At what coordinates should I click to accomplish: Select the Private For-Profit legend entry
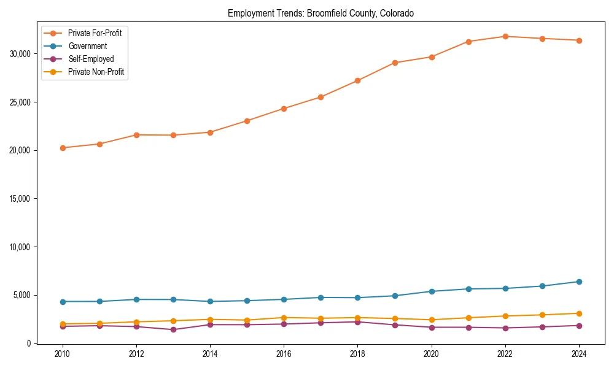95,33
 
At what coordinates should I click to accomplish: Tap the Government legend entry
87,46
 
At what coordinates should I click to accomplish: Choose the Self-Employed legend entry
91,59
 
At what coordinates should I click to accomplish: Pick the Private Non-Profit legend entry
96,72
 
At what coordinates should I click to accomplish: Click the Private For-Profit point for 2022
505,36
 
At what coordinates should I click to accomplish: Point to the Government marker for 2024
579,282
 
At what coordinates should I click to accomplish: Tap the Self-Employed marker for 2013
173,329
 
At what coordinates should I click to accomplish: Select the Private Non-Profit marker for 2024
579,313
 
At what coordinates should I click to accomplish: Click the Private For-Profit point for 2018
358,80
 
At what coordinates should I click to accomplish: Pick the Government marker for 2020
432,291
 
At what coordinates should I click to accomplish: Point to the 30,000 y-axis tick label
21,54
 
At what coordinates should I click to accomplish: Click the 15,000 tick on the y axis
21,199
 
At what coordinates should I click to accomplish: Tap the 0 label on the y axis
28,343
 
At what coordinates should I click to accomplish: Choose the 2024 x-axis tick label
579,354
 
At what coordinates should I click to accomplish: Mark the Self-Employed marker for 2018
358,322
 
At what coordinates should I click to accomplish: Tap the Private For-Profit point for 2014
210,132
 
